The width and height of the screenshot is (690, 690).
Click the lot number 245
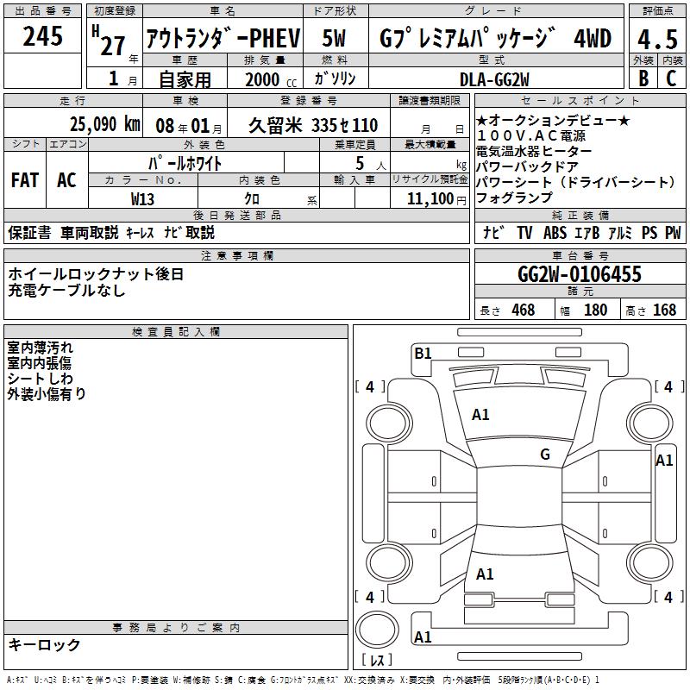[x=43, y=36]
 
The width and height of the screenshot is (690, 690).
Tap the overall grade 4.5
[x=656, y=39]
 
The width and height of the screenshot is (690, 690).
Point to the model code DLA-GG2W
[x=494, y=78]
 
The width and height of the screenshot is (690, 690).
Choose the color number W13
[x=143, y=198]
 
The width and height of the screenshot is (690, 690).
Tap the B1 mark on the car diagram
[x=423, y=353]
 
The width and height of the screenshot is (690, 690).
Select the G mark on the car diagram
[x=545, y=455]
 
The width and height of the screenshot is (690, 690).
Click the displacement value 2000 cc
[x=268, y=79]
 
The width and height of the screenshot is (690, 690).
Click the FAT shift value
[x=25, y=180]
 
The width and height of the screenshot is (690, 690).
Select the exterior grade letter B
[x=643, y=78]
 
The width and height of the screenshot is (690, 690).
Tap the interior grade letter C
[x=671, y=78]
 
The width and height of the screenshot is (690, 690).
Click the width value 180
[x=595, y=310]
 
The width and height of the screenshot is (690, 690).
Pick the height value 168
[x=664, y=310]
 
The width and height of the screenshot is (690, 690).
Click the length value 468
[x=523, y=310]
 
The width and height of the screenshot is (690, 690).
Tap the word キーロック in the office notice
[x=44, y=645]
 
